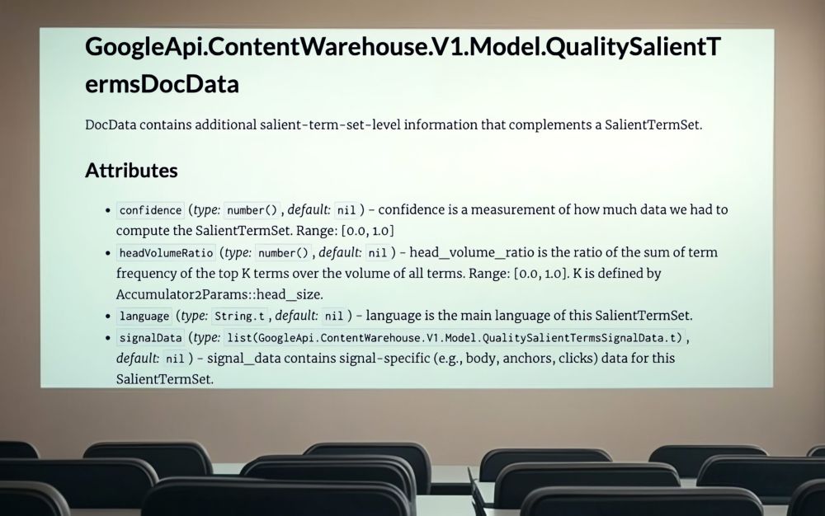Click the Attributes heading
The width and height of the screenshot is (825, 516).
click(131, 171)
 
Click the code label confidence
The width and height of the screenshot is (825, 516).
click(150, 210)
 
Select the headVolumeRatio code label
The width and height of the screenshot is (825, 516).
click(166, 253)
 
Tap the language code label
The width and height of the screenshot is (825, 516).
click(144, 316)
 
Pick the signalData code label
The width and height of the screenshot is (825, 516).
click(150, 337)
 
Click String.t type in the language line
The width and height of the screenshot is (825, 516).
click(239, 316)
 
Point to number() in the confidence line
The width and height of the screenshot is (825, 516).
click(252, 210)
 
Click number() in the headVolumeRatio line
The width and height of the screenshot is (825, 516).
click(283, 253)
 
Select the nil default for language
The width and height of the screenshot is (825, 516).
click(333, 316)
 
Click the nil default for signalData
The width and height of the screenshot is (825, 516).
click(175, 359)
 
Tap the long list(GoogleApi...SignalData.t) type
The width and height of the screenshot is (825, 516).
click(455, 337)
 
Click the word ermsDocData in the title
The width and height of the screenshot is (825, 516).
click(162, 84)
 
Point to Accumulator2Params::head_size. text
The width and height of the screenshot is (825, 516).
click(219, 295)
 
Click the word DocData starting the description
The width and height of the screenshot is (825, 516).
click(111, 125)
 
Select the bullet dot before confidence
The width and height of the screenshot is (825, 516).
click(108, 211)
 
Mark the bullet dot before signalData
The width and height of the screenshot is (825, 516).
click(108, 338)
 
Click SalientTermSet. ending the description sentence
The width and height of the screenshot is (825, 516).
click(653, 125)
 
